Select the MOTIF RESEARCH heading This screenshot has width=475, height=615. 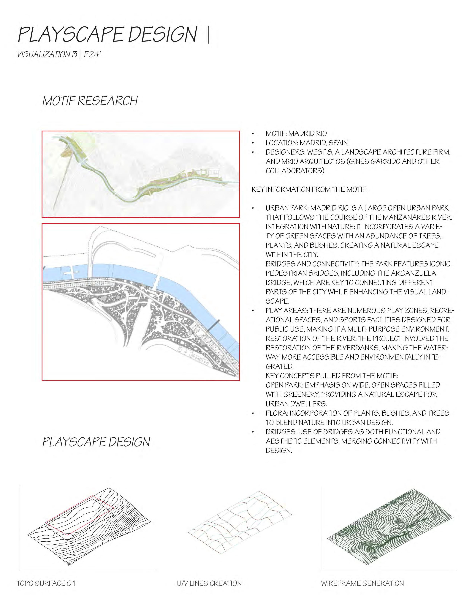[90, 101]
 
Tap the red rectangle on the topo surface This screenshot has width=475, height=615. [79, 515]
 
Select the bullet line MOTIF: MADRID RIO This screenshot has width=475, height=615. [296, 133]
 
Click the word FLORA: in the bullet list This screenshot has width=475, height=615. [277, 413]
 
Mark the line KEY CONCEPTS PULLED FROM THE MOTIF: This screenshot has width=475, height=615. [332, 376]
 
